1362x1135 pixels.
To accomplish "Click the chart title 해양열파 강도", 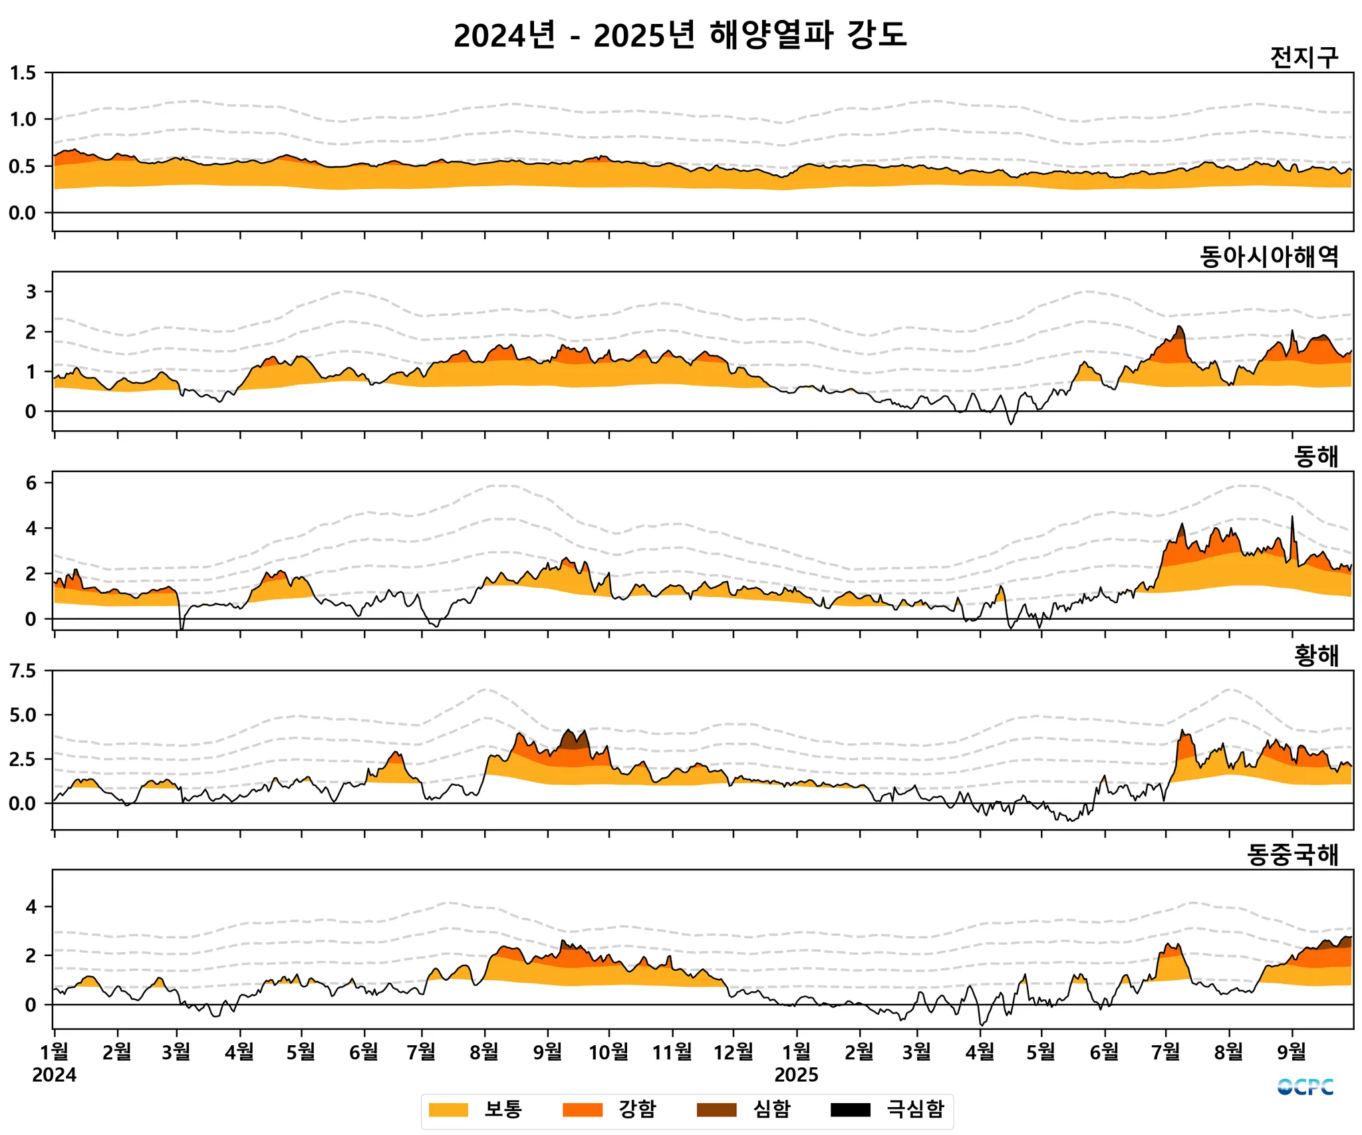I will point(680,35).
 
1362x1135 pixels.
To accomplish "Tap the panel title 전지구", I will point(1303,58).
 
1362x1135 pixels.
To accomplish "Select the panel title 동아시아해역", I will point(1269,257).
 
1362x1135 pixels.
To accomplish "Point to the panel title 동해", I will point(1315,456).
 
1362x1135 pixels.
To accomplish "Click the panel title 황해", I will point(1315,656).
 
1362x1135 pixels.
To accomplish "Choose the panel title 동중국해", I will point(1292,855).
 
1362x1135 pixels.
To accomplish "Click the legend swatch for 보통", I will point(448,1110).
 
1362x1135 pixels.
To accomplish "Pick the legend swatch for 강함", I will point(583,1110).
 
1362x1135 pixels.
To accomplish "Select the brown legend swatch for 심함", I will point(716,1110).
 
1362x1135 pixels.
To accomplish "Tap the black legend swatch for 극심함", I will point(851,1110).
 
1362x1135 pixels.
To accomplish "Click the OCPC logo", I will point(1305,1087).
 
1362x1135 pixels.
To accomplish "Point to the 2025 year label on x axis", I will point(796,1075).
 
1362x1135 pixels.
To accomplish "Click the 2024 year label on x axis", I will point(55,1075).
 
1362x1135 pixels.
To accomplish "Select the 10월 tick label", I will point(609,1052).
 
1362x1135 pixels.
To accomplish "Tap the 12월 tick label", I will point(734,1052).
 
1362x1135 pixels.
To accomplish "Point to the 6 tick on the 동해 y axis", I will point(31,483).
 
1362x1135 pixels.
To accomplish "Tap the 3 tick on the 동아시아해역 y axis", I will point(31,291).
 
